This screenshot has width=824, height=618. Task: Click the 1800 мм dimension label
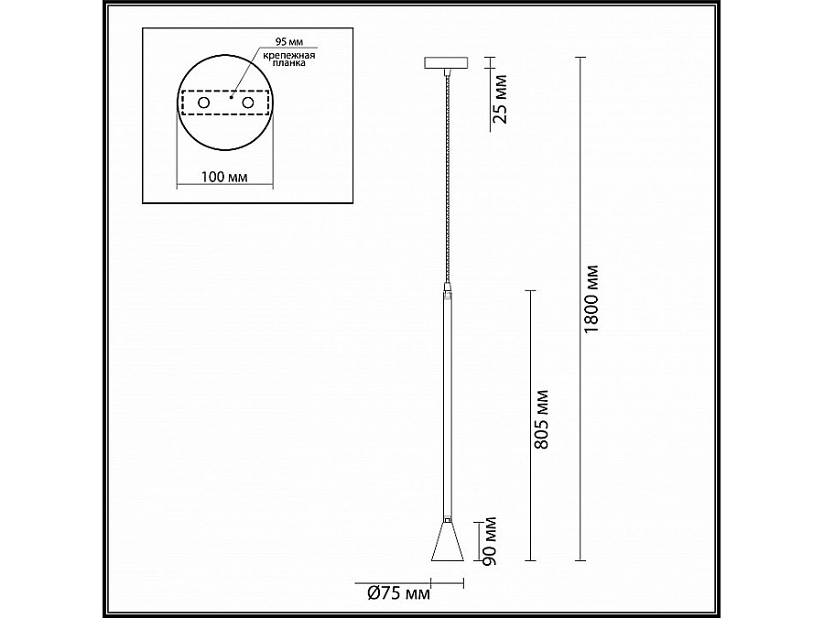point(591,299)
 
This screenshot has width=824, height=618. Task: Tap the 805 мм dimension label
point(541,419)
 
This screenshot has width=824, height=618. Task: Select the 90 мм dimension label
point(489,541)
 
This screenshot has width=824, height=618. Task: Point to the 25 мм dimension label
point(501,99)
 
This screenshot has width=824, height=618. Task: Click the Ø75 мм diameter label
point(398,593)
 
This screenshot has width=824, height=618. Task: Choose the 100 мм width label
point(224,177)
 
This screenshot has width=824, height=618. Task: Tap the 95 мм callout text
point(289,42)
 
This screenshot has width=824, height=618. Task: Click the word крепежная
point(289,55)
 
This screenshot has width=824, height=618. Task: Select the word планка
point(289,63)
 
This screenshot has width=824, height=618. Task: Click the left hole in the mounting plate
point(203,103)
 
